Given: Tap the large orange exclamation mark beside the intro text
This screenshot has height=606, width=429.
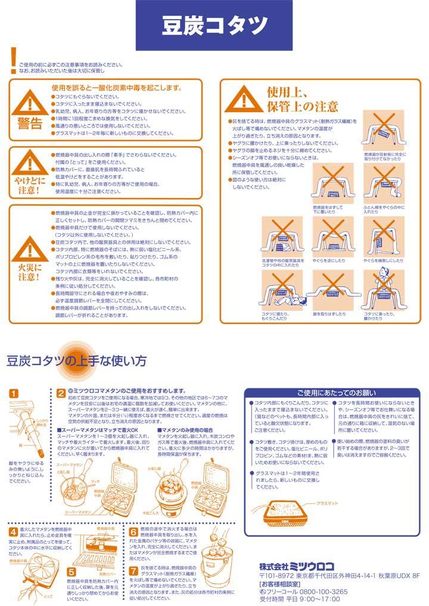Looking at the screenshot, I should coord(13,57).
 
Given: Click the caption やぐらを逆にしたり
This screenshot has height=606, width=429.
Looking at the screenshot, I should coord(331,261).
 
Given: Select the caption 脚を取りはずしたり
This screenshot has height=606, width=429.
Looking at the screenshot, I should coord(329,313).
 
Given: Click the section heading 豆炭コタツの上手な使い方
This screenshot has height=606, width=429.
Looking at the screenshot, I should coord(76,361).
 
